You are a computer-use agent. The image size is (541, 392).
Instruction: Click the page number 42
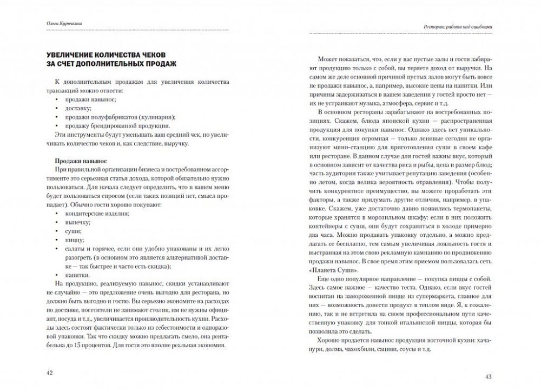pos(50,374)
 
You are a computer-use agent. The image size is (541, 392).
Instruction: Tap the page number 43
pos(489,377)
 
